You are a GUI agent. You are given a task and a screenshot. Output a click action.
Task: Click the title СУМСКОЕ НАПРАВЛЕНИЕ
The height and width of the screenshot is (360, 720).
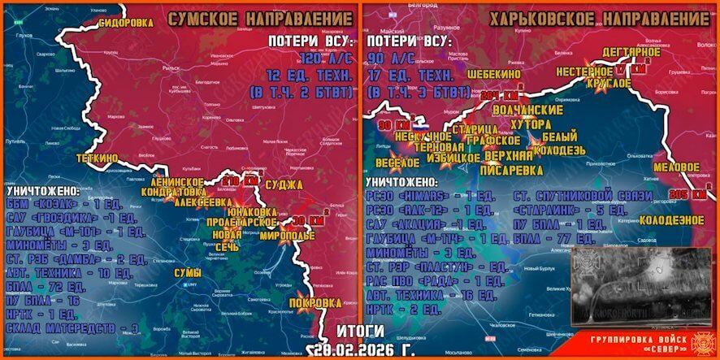[x=260, y=18]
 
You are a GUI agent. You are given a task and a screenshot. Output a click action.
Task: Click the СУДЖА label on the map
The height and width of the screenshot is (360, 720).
[x=284, y=185]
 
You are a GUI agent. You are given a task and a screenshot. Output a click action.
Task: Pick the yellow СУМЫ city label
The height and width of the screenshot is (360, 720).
[x=189, y=274]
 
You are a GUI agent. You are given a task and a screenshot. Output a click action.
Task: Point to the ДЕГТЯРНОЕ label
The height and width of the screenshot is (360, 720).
[x=631, y=53]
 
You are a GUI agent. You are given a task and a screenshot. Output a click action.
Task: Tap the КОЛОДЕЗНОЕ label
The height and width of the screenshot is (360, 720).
[x=671, y=220]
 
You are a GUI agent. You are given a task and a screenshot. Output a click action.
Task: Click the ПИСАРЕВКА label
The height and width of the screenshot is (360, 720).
[x=512, y=170]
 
